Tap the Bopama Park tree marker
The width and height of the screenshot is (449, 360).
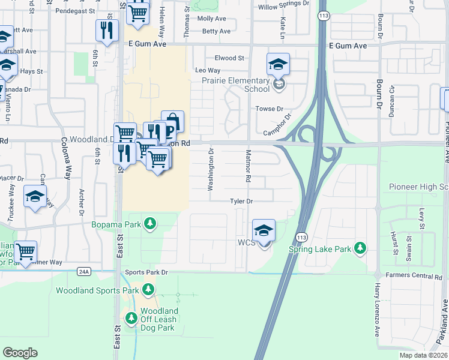click(x=149, y=225)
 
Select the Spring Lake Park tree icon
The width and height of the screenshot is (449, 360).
click(x=360, y=248)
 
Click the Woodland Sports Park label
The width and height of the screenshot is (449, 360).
click(x=97, y=290)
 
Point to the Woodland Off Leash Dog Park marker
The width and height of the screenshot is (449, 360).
click(x=130, y=316)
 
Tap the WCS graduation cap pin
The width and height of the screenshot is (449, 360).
click(x=264, y=230)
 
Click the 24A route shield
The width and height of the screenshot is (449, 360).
click(x=84, y=271)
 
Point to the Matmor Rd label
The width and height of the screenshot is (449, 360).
click(x=247, y=167)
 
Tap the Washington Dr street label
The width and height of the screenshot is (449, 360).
click(x=211, y=173)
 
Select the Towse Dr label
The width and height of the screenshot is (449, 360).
click(x=269, y=109)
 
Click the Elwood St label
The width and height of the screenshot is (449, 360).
click(x=229, y=58)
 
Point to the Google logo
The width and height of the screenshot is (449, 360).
click(x=20, y=353)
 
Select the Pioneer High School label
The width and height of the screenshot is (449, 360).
click(x=418, y=187)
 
